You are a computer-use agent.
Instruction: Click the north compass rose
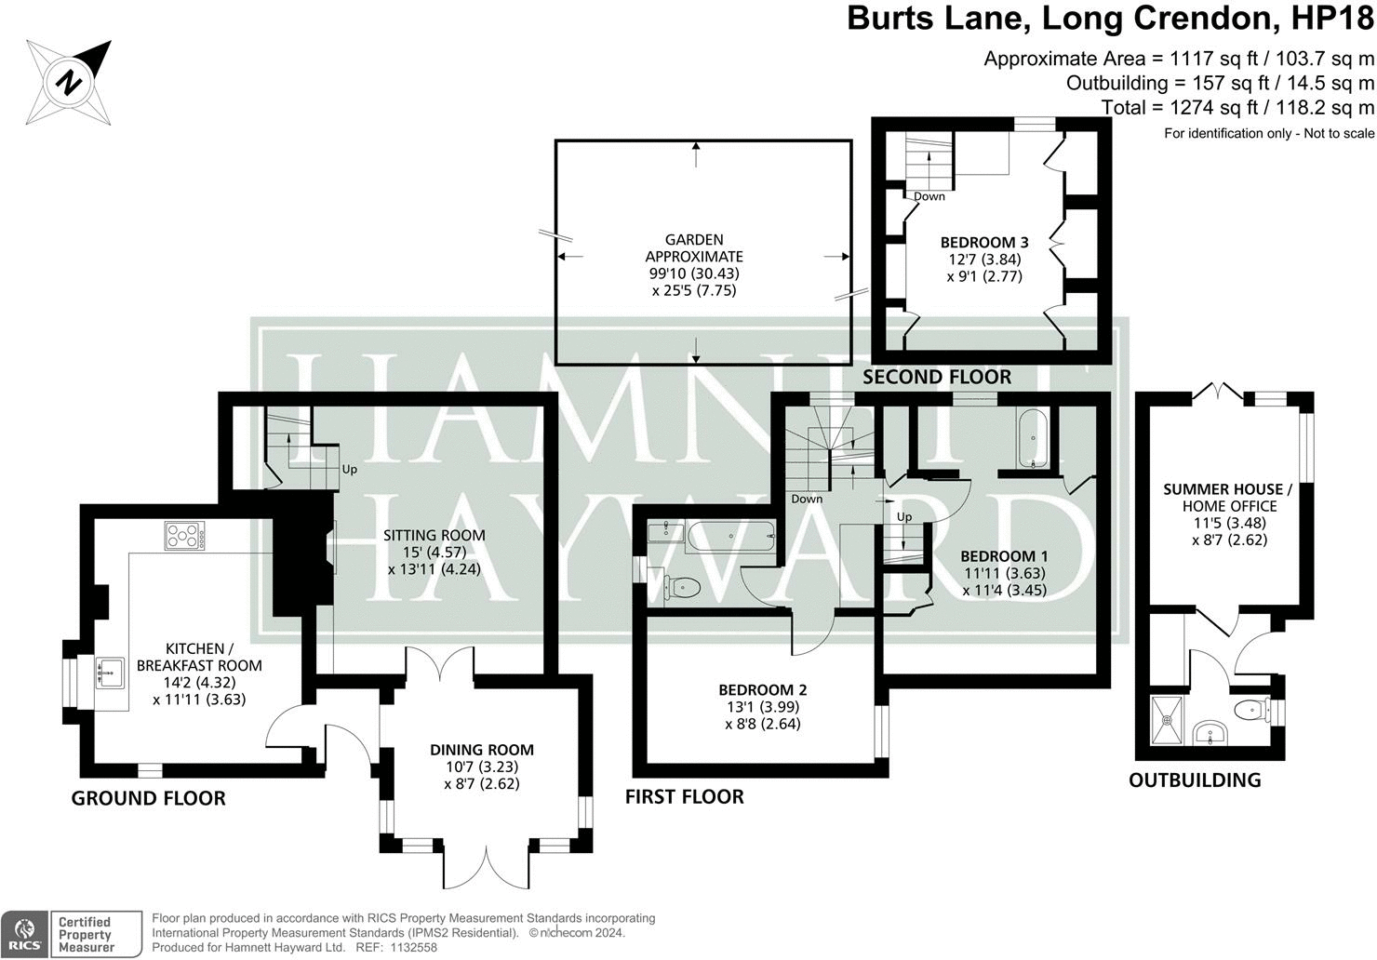pos(69,82)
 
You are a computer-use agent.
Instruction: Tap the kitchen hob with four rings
pos(184,535)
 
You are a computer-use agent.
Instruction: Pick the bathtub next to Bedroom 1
pos(1033,439)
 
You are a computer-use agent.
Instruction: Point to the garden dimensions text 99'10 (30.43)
pos(694,273)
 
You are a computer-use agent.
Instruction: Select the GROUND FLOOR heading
pos(148,798)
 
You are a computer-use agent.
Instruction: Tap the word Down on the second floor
pos(929,196)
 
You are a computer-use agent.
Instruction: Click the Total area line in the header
pos(1237,108)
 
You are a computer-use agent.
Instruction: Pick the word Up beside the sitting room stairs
pos(349,470)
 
